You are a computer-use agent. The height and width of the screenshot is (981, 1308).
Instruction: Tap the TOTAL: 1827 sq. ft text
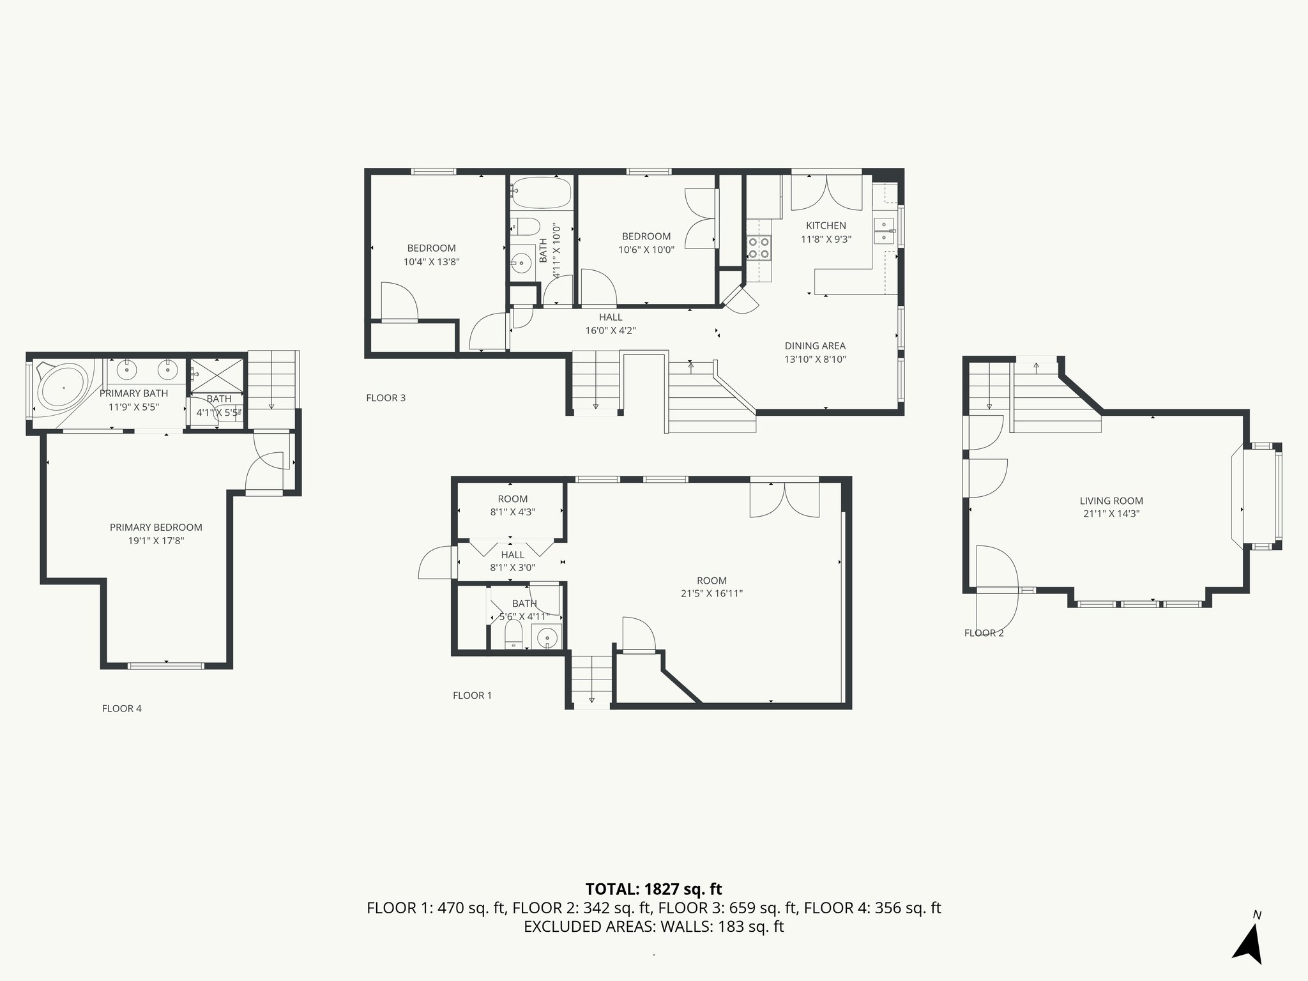pyautogui.click(x=653, y=889)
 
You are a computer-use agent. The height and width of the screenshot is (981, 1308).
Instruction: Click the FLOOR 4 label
pyautogui.click(x=121, y=708)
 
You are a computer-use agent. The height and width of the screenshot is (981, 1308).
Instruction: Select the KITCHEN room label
pyautogui.click(x=826, y=225)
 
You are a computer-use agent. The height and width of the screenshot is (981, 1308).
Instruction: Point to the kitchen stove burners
pyautogui.click(x=759, y=248)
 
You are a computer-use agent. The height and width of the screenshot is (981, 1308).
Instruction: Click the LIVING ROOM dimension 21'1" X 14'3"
pyautogui.click(x=1111, y=513)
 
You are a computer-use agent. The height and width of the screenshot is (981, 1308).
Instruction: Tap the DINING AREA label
pyautogui.click(x=815, y=346)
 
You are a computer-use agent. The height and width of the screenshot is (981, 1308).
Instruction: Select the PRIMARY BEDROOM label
pyautogui.click(x=156, y=528)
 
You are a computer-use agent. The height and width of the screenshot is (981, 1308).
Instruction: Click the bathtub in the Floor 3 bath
pyautogui.click(x=541, y=193)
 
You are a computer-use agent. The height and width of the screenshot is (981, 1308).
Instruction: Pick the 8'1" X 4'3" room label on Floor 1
pyautogui.click(x=512, y=512)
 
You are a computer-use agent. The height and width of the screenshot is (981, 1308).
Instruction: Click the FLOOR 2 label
pyautogui.click(x=984, y=633)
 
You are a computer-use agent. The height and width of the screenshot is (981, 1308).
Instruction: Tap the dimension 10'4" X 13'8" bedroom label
pyautogui.click(x=431, y=262)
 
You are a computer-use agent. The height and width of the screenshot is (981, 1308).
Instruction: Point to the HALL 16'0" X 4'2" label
pyautogui.click(x=611, y=324)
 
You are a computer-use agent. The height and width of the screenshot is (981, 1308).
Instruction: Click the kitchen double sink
pyautogui.click(x=884, y=231)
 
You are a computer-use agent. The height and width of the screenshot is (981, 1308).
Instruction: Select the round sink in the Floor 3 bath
pyautogui.click(x=522, y=262)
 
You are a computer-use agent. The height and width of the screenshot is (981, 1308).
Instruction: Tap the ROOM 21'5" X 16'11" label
pyautogui.click(x=711, y=587)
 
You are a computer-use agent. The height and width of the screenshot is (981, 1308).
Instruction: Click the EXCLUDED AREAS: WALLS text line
pyautogui.click(x=653, y=927)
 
